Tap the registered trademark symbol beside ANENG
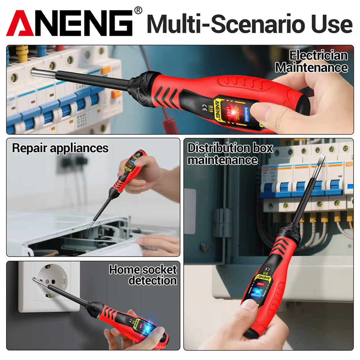[x=138, y=11]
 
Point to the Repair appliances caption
[x=60, y=148]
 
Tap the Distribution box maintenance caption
[x=230, y=154]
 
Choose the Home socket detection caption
[x=143, y=275]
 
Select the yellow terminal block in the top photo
[x=22, y=54]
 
